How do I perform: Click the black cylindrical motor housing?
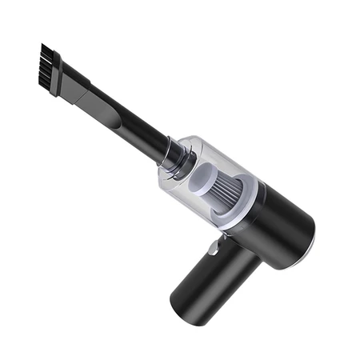point(280,224)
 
